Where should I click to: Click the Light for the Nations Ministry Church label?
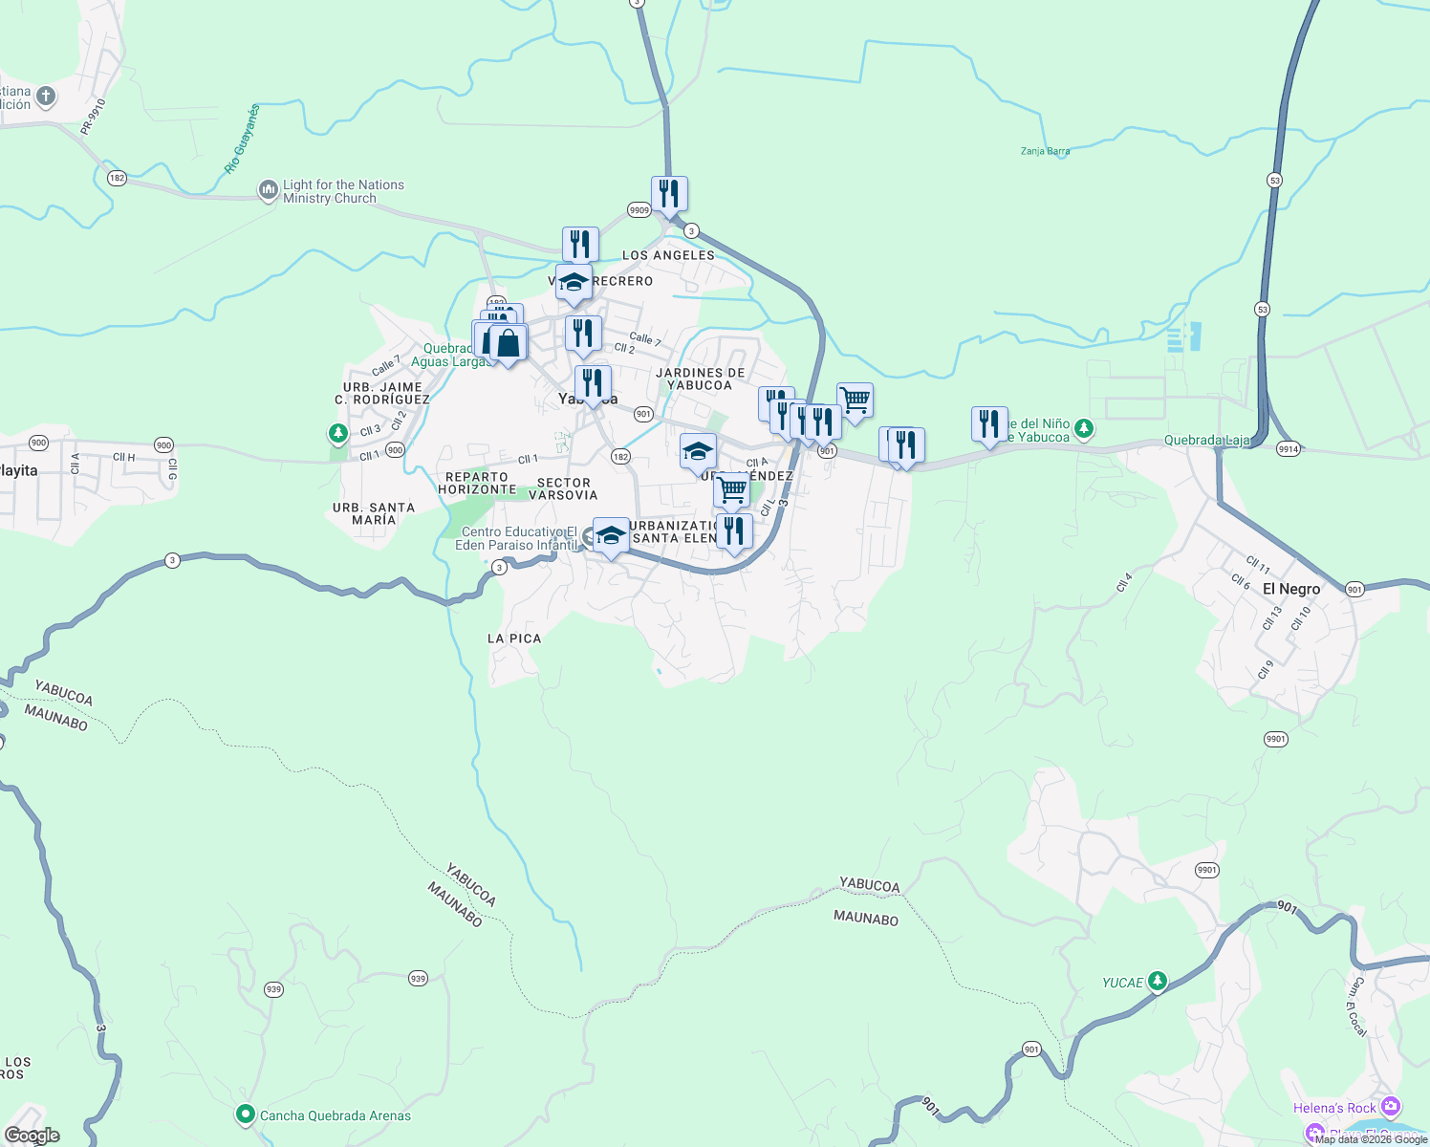point(343,191)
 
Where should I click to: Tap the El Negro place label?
point(1290,589)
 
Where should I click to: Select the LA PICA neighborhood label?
point(514,638)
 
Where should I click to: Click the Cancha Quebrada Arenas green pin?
point(246,1115)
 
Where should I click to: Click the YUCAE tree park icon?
point(1158,981)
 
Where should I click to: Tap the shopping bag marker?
point(509,343)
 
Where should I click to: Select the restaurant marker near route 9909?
point(669,194)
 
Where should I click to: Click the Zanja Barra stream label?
point(1045,151)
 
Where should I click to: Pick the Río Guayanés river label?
point(241,140)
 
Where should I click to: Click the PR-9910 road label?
point(94,116)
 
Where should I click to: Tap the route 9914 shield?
point(1289,449)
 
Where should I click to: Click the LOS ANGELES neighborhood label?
point(668,255)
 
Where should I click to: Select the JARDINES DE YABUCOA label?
point(700,379)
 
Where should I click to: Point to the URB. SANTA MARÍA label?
point(373,513)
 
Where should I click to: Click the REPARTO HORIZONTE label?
point(477,483)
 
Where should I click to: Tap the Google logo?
point(32,1136)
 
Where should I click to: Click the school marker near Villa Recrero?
point(574,283)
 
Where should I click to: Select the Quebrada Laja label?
point(1206,441)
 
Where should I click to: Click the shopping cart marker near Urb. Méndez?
point(732,490)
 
